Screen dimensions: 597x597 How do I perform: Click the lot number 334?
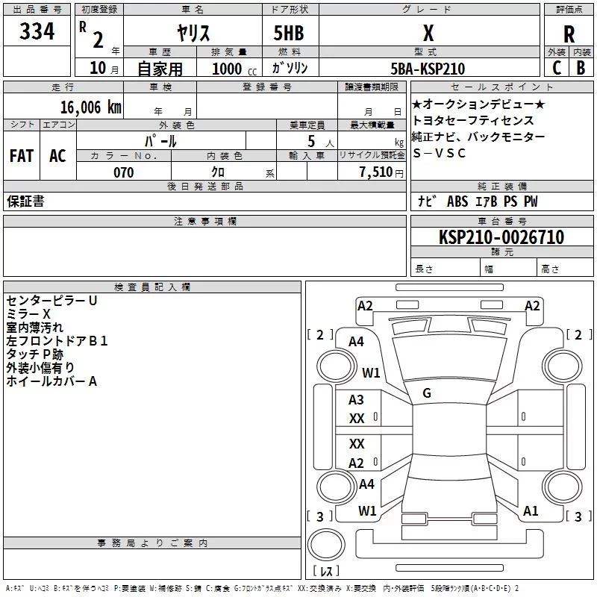pyautogui.click(x=37, y=31)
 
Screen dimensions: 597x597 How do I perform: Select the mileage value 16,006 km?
pyautogui.click(x=91, y=107)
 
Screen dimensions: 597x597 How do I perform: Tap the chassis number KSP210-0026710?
pyautogui.click(x=501, y=237)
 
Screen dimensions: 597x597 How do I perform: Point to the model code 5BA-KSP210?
pyautogui.click(x=428, y=69)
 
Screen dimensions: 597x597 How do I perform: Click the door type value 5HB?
pyautogui.click(x=289, y=33)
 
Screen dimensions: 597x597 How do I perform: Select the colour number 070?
pyautogui.click(x=124, y=172)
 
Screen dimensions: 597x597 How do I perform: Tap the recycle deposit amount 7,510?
pyautogui.click(x=376, y=172)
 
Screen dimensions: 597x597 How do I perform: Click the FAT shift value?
pyautogui.click(x=22, y=156)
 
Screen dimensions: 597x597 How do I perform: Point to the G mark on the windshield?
pyautogui.click(x=427, y=393)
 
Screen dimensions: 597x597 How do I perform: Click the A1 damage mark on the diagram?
pyautogui.click(x=531, y=511)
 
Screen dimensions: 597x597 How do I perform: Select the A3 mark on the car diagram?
pyautogui.click(x=356, y=400)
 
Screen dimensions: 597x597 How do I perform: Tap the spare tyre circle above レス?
pyautogui.click(x=326, y=545)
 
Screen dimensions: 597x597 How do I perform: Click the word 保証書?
pyautogui.click(x=25, y=201)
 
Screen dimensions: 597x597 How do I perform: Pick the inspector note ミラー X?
pyautogui.click(x=28, y=314)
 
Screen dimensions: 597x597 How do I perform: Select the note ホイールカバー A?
pyautogui.click(x=51, y=381)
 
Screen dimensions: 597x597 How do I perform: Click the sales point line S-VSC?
pyautogui.click(x=439, y=153)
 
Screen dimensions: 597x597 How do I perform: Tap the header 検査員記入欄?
pyautogui.click(x=152, y=287)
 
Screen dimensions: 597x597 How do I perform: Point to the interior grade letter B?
pyautogui.click(x=581, y=68)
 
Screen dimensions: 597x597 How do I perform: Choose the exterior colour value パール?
pyautogui.click(x=160, y=141)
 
